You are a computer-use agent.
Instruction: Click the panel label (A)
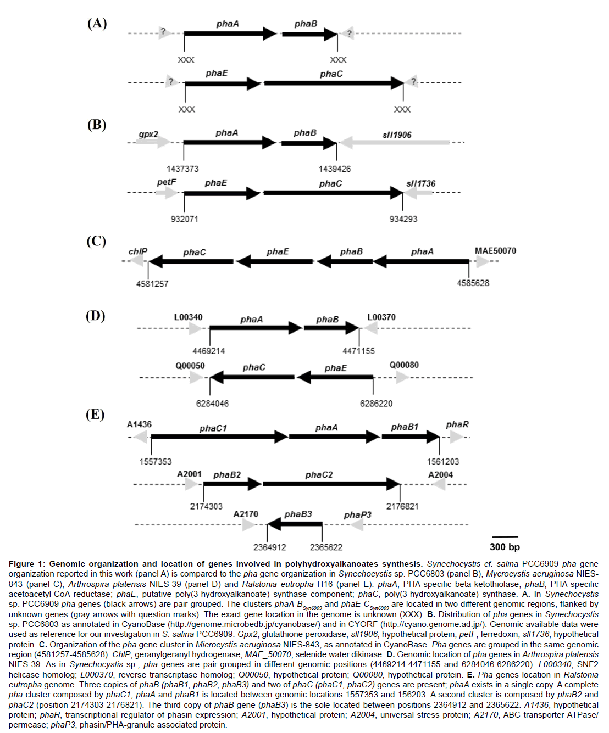coord(97,23)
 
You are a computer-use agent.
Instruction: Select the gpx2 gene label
coord(148,134)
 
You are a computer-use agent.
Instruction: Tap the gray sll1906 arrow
coord(396,142)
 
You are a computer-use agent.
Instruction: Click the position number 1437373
coord(182,169)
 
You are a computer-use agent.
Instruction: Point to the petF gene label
coord(167,182)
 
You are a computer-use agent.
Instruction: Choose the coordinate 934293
coord(403,219)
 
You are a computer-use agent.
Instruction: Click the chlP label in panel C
coord(138,251)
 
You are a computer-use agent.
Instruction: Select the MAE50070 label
coord(495,251)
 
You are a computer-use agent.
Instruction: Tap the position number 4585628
coord(473,283)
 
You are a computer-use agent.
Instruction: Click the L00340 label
coord(188,317)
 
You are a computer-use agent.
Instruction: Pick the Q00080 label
coord(404,365)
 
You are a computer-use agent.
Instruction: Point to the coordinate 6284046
coord(212,404)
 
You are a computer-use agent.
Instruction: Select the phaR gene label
coord(457,424)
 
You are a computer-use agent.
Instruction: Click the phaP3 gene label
coord(357,515)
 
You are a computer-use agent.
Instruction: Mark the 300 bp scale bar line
coord(505,536)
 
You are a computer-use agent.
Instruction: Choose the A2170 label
coord(246,514)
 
